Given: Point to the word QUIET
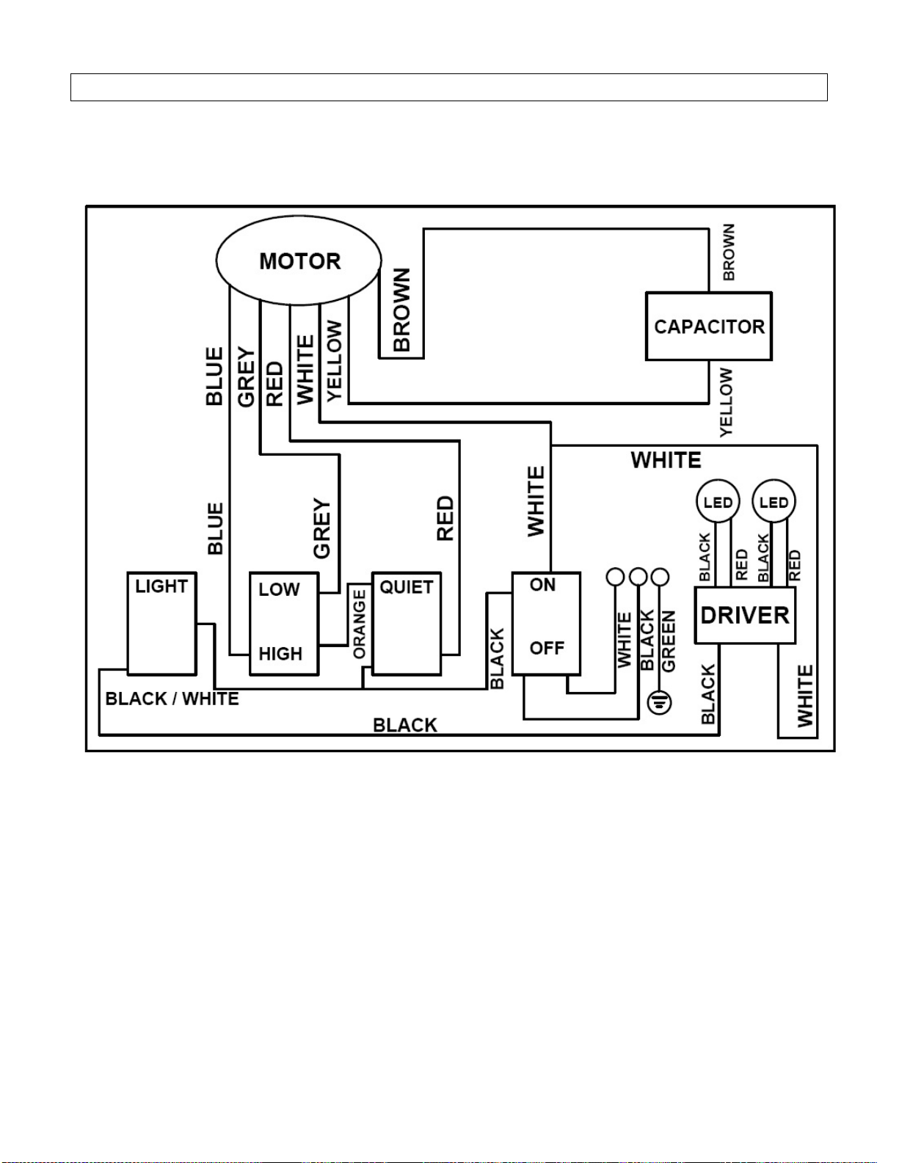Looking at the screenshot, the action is (406, 587).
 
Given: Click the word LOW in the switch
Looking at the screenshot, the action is (279, 589).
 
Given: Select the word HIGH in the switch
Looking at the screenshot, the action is (280, 654).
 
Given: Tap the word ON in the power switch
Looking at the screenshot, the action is (542, 585).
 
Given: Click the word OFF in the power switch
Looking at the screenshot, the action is (546, 648).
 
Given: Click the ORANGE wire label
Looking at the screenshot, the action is (360, 624).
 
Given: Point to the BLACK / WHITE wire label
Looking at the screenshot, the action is (172, 699).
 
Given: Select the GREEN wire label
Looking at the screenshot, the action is (669, 641).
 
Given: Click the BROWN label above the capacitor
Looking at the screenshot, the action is (728, 252).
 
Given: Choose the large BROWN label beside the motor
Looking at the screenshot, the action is (401, 310).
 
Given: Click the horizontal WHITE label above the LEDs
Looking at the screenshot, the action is (666, 460).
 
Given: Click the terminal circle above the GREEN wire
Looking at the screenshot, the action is (660, 577).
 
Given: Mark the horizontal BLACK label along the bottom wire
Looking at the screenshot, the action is (405, 725).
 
